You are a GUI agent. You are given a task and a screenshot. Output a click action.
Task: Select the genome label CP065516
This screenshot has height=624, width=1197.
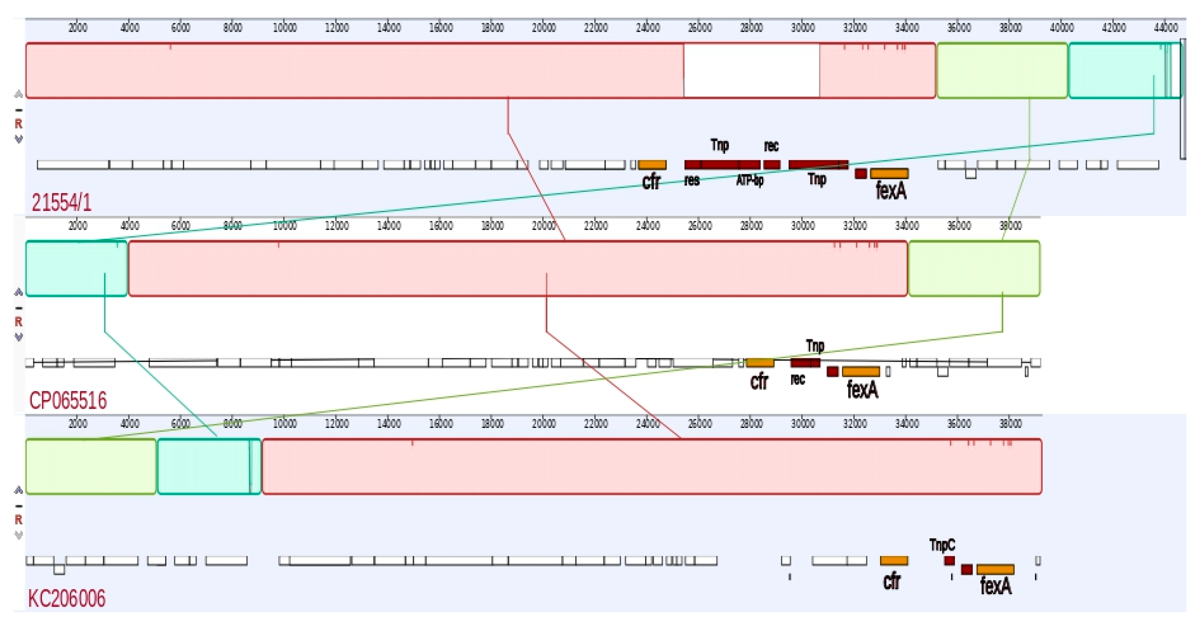pyautogui.click(x=68, y=400)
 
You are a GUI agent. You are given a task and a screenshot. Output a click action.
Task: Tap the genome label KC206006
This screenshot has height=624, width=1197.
pyautogui.click(x=67, y=599)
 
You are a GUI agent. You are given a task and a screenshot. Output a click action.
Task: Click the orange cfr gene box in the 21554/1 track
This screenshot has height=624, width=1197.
pyautogui.click(x=652, y=164)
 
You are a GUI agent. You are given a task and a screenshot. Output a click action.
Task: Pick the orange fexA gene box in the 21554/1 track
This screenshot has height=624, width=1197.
pyautogui.click(x=889, y=174)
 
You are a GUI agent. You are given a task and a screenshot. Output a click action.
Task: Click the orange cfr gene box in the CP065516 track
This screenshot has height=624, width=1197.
pyautogui.click(x=760, y=363)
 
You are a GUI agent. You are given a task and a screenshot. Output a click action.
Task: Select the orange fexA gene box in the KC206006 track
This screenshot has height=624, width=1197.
pyautogui.click(x=995, y=569)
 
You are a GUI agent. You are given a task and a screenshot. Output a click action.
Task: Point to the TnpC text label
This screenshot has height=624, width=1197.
pyautogui.click(x=942, y=544)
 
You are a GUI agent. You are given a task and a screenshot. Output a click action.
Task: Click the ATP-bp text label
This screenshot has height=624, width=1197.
pyautogui.click(x=749, y=180)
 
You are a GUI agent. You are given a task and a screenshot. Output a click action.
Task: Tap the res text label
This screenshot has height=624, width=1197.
pyautogui.click(x=691, y=180)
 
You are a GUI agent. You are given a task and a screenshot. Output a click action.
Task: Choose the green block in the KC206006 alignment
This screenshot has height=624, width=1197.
pyautogui.click(x=91, y=466)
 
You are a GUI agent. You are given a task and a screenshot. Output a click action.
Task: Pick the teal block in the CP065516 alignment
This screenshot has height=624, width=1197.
pyautogui.click(x=76, y=269)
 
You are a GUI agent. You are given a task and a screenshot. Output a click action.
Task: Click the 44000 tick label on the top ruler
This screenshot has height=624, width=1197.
pyautogui.click(x=1165, y=28)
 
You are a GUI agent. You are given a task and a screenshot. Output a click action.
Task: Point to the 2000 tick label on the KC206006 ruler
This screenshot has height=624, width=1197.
pyautogui.click(x=78, y=424)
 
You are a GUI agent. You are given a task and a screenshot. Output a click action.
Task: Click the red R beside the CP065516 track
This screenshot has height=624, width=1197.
pyautogui.click(x=18, y=322)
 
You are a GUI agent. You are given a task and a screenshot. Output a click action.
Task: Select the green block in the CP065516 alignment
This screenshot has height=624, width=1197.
pyautogui.click(x=974, y=269)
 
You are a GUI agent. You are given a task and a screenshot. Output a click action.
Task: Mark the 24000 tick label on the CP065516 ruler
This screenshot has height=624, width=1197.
pyautogui.click(x=648, y=226)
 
